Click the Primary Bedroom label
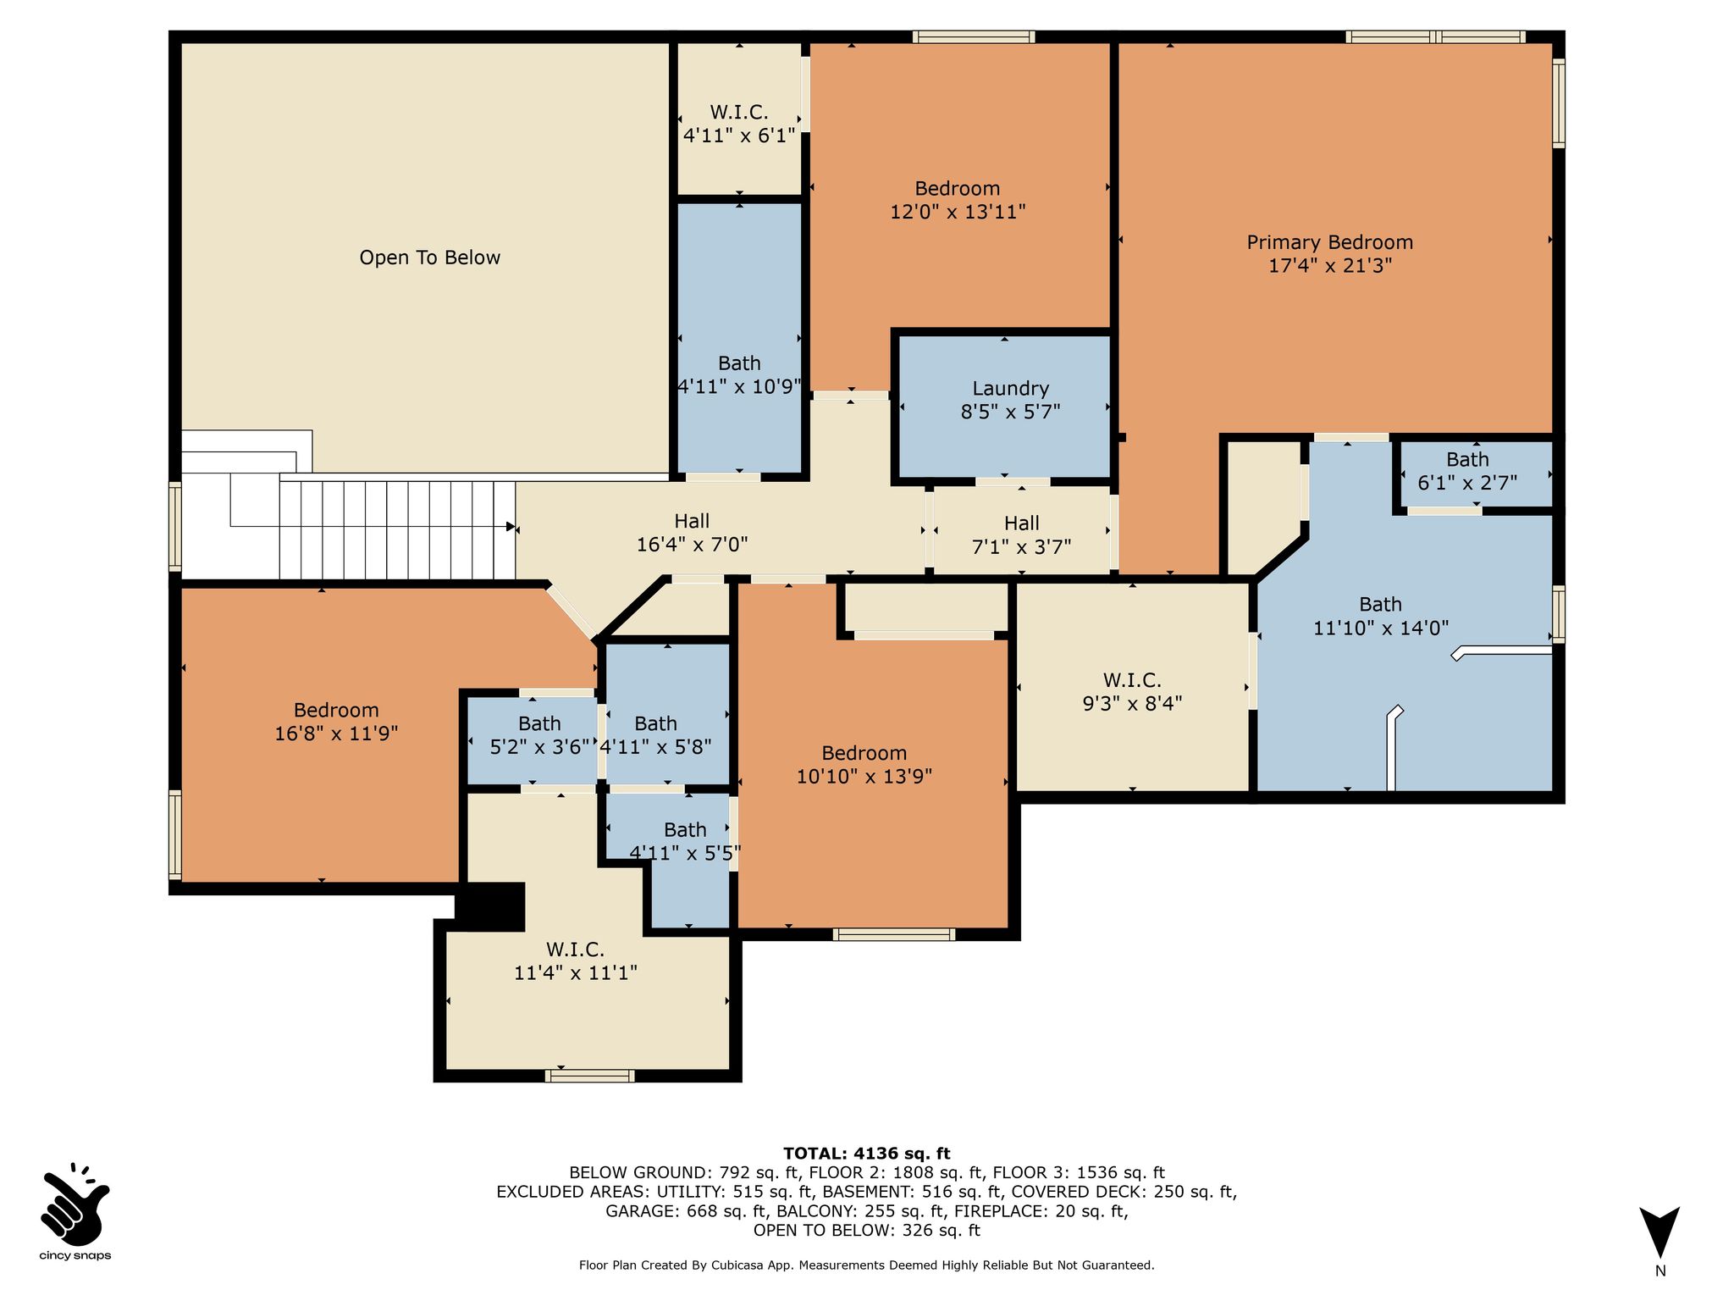[1329, 242]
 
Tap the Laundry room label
[1010, 389]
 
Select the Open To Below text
[429, 257]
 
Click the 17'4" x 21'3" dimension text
[1329, 266]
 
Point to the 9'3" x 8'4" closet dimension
[1132, 703]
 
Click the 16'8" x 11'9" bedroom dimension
[336, 734]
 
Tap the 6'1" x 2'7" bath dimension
[1467, 483]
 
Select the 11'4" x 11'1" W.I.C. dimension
[575, 973]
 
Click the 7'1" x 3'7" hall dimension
[1021, 547]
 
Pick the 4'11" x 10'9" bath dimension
[739, 387]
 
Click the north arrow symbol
[1659, 1232]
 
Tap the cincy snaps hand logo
[75, 1203]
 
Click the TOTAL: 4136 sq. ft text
[866, 1154]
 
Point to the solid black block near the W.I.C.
[490, 906]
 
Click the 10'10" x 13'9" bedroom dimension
[864, 777]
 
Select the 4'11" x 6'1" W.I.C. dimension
[739, 136]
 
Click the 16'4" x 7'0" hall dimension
[692, 545]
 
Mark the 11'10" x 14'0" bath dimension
[1381, 628]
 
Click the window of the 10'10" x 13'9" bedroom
[894, 934]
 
